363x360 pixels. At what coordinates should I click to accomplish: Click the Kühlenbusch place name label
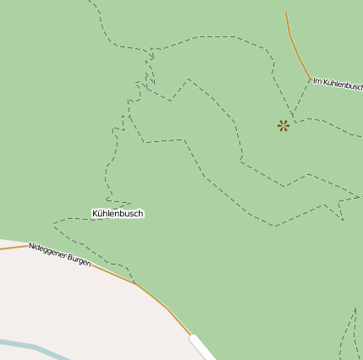118,214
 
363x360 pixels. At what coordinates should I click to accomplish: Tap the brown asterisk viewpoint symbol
283,126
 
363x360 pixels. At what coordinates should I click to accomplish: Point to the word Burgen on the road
79,259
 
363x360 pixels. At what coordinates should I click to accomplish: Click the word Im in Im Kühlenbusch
317,81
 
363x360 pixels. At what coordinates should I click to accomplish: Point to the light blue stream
34,347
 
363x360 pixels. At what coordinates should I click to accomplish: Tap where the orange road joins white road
192,336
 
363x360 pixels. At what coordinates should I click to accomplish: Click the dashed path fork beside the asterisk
294,117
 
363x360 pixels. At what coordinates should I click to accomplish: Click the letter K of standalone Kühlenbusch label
96,214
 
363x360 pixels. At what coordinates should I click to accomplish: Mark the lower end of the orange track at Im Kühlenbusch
311,79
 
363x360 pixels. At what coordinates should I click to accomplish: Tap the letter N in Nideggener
31,247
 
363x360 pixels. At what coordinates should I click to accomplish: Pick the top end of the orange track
286,13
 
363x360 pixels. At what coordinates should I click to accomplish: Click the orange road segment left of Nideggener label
12,248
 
